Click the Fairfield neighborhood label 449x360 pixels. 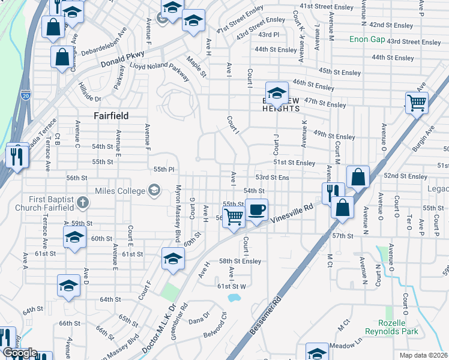112,115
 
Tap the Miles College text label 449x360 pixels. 120,191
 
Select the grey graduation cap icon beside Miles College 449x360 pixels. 155,191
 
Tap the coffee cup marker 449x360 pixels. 257,210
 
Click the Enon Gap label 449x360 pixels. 367,40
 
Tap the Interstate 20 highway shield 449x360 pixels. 25,95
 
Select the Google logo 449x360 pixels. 20,353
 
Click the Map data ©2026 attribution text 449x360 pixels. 423,355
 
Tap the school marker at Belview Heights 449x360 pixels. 277,92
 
